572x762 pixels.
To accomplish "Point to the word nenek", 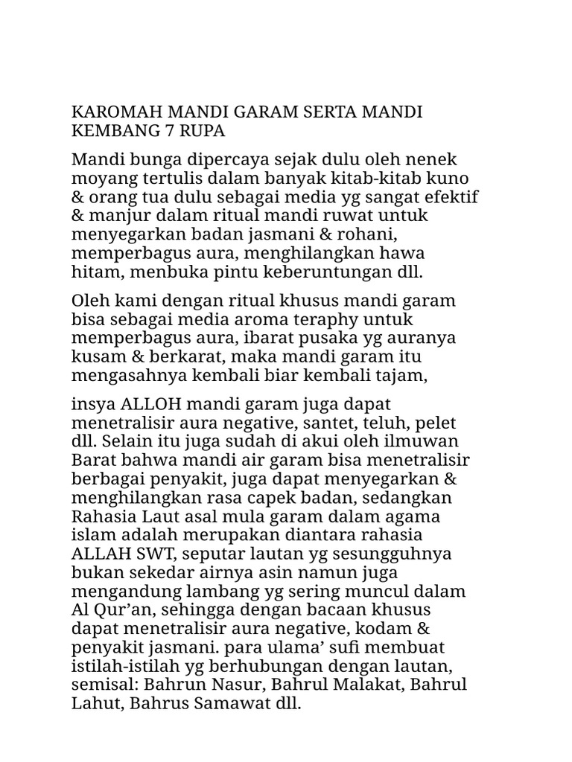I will pyautogui.click(x=435, y=159).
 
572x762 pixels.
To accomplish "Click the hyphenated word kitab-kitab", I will pyautogui.click(x=386, y=178).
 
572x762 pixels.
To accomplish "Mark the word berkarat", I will pyautogui.click(x=163, y=356).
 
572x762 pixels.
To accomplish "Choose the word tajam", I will pyautogui.click(x=402, y=375).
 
